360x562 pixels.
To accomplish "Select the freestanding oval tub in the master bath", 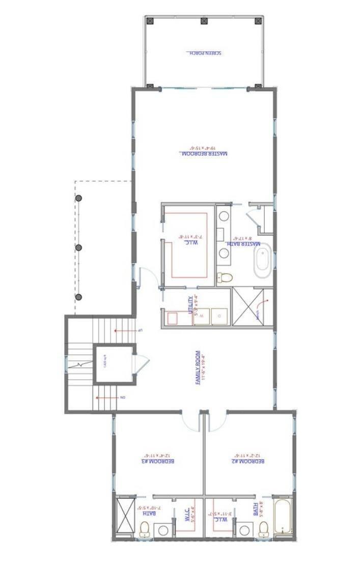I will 263,263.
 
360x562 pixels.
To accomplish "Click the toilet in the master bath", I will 224,278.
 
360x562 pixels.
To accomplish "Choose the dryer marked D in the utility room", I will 219,316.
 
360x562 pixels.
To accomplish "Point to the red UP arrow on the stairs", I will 125,331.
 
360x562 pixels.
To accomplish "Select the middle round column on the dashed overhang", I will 79,248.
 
